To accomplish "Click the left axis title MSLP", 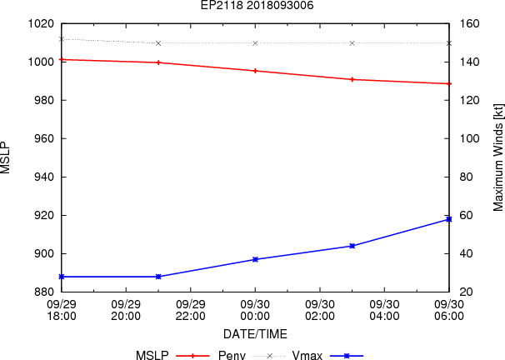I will [x=7, y=157].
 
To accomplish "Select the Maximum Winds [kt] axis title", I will [x=497, y=157].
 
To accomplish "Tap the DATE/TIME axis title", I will [x=256, y=333].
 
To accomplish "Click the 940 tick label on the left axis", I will [x=43, y=177].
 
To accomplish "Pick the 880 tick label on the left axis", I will [x=43, y=292].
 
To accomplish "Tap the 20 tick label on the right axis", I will [x=463, y=292].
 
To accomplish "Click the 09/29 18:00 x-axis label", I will [x=62, y=310].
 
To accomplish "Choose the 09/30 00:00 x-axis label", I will [x=255, y=310].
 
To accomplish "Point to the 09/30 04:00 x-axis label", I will [x=384, y=310].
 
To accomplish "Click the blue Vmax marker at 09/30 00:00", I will [x=255, y=259].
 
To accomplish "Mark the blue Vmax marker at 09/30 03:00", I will [x=352, y=246].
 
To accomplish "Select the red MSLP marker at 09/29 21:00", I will [x=158, y=62].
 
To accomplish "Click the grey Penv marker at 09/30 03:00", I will [x=352, y=42].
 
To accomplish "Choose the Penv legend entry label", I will [x=232, y=355].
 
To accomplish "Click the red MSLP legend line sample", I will [x=192, y=355].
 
